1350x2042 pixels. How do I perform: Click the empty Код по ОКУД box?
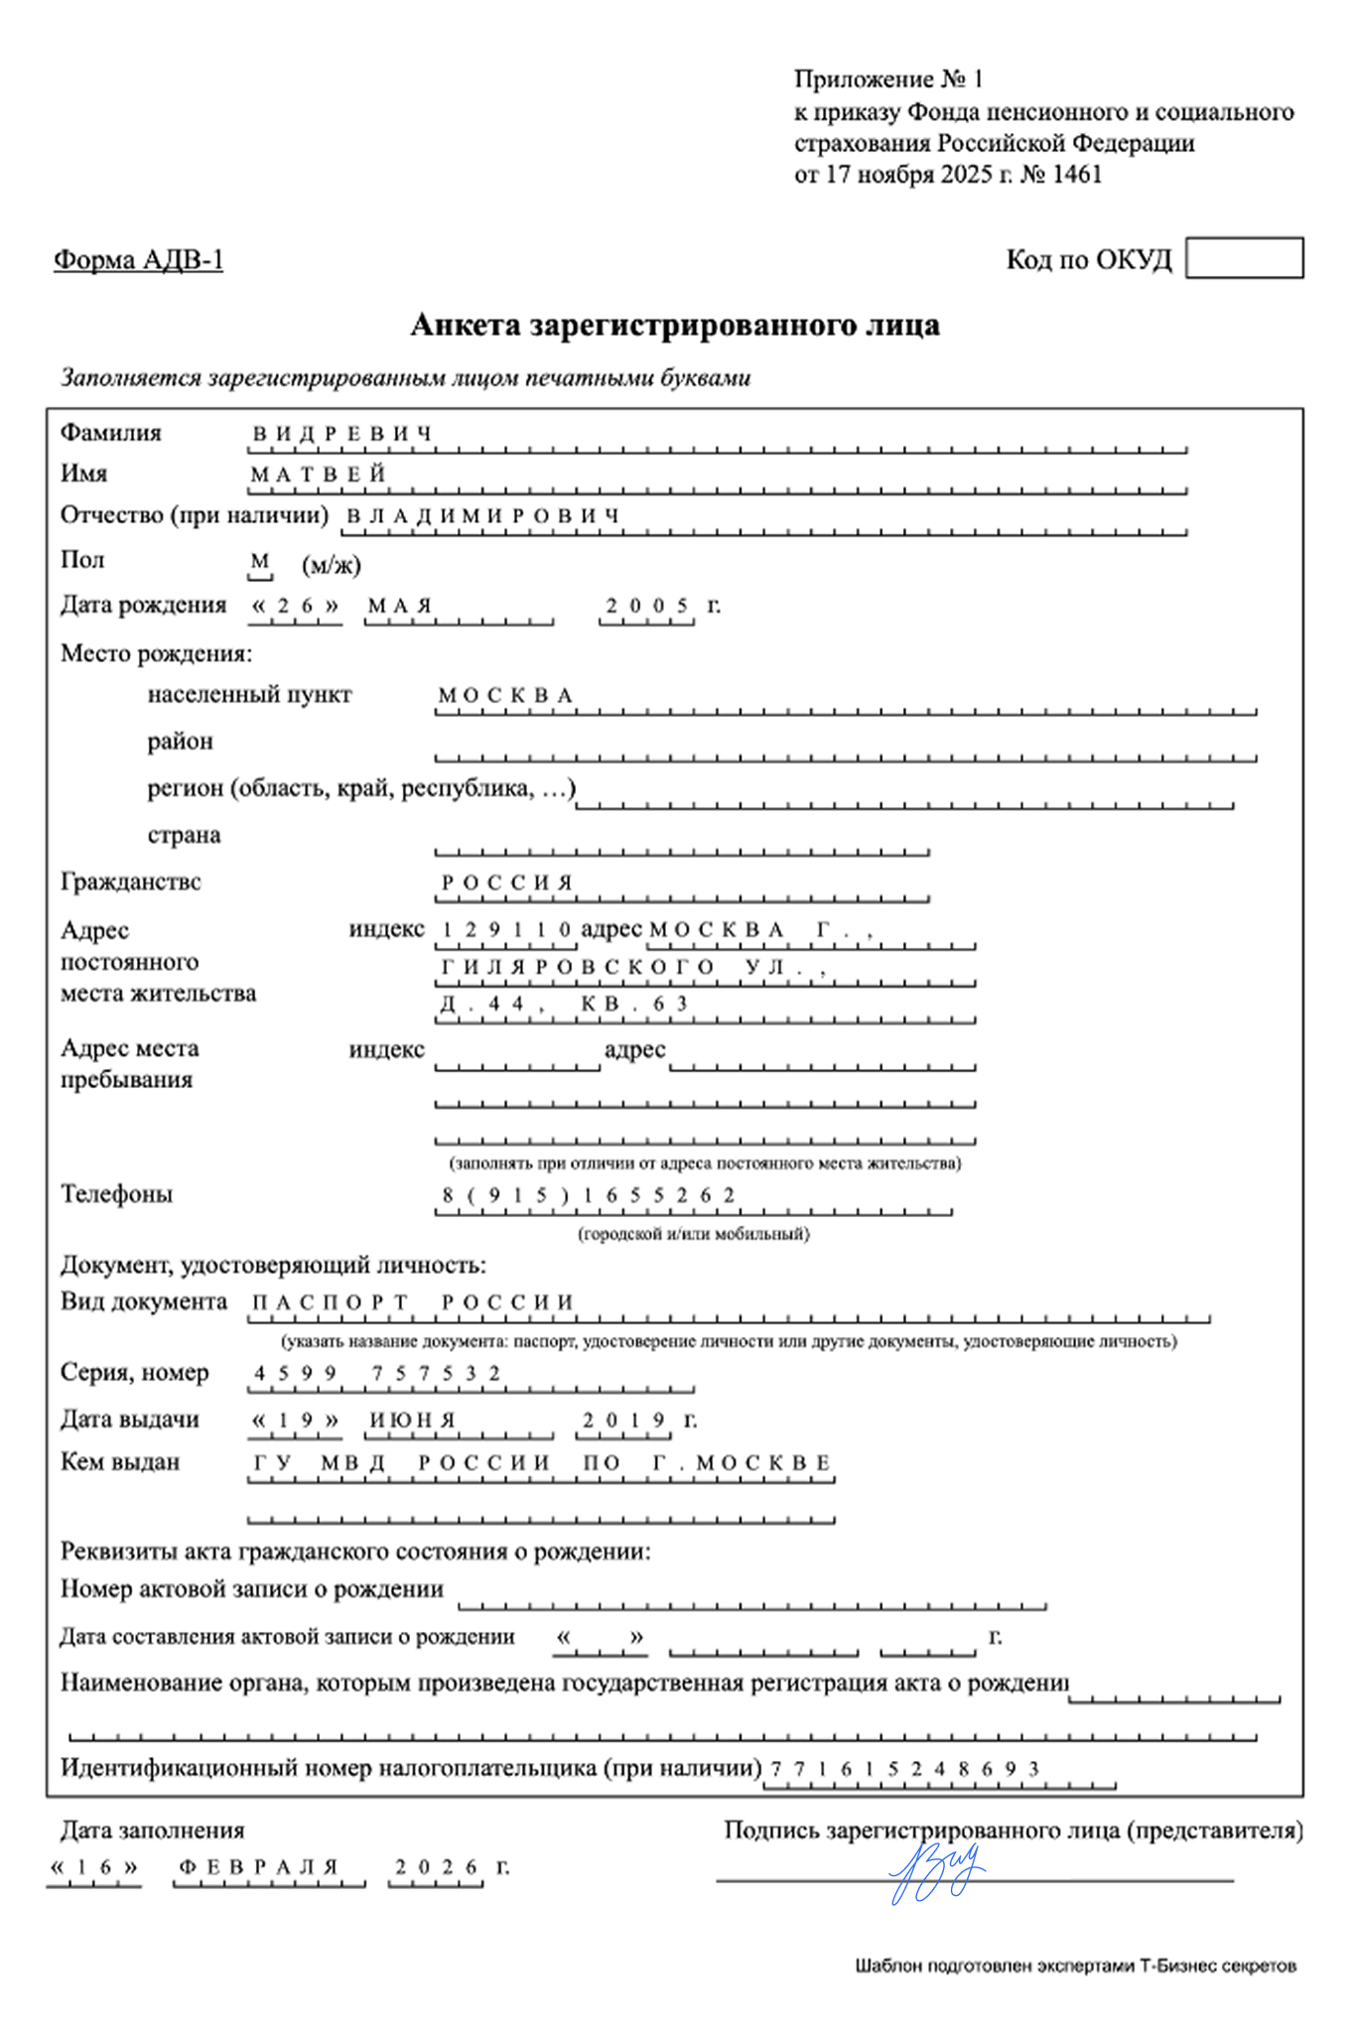pyautogui.click(x=1244, y=258)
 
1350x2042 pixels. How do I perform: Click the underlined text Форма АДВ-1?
pyautogui.click(x=139, y=260)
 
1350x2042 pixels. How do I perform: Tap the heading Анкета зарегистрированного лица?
pyautogui.click(x=675, y=326)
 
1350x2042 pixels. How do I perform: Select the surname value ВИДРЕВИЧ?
pyautogui.click(x=342, y=435)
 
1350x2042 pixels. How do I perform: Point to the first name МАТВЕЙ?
pyautogui.click(x=318, y=476)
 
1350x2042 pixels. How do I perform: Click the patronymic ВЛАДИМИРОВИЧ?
pyautogui.click(x=483, y=516)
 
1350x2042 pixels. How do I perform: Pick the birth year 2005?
pyautogui.click(x=647, y=606)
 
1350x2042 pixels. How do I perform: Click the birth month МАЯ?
pyautogui.click(x=400, y=606)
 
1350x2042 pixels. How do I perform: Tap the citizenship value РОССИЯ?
pyautogui.click(x=507, y=883)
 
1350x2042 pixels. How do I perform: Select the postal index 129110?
pyautogui.click(x=506, y=930)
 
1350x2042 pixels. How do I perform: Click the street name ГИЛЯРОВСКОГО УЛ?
pyautogui.click(x=633, y=967)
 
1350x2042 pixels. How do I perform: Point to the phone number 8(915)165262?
pyautogui.click(x=589, y=1195)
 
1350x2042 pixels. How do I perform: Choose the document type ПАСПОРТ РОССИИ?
pyautogui.click(x=413, y=1302)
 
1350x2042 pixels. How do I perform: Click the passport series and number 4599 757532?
pyautogui.click(x=377, y=1374)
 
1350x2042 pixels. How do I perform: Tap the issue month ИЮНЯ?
pyautogui.click(x=412, y=1421)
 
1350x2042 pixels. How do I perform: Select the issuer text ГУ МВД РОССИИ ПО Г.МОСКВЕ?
pyautogui.click(x=542, y=1463)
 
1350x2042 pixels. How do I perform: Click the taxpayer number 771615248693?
pyautogui.click(x=904, y=1769)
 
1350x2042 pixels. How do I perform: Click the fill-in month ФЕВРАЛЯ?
pyautogui.click(x=259, y=1867)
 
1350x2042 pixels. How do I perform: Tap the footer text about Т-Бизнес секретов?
pyautogui.click(x=1075, y=1966)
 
